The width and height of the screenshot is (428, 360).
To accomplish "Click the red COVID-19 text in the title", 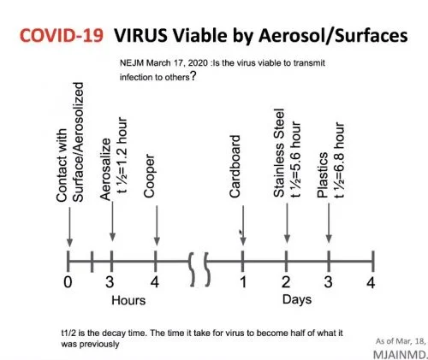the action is coord(62,36).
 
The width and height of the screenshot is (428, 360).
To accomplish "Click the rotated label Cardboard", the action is coord(235,166).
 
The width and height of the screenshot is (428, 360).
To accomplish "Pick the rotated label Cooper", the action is coord(150,176).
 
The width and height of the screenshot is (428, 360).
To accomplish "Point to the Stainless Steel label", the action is coord(279,153).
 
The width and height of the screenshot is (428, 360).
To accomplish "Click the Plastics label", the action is coord(323,174).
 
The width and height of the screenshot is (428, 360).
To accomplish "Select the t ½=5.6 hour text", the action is coord(295,160).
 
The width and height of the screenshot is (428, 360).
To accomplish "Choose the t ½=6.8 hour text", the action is coord(339,160).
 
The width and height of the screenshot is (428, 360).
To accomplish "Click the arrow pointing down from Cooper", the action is coord(157,226).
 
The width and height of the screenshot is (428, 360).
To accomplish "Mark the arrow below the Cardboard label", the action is coord(243,226).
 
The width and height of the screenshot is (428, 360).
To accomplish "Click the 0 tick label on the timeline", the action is coord(68,282).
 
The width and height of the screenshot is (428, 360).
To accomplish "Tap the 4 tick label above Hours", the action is coord(155,282).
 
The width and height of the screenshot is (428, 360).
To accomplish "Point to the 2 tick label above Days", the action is coord(286,282).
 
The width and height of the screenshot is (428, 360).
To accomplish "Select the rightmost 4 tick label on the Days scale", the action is coord(371,282).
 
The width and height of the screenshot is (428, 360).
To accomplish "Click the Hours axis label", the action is coord(128,300).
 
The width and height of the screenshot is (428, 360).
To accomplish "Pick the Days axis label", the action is coord(297,300).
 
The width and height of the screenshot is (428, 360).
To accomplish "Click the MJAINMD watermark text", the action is coord(400,355).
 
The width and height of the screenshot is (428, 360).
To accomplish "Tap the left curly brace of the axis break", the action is coord(192,269).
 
